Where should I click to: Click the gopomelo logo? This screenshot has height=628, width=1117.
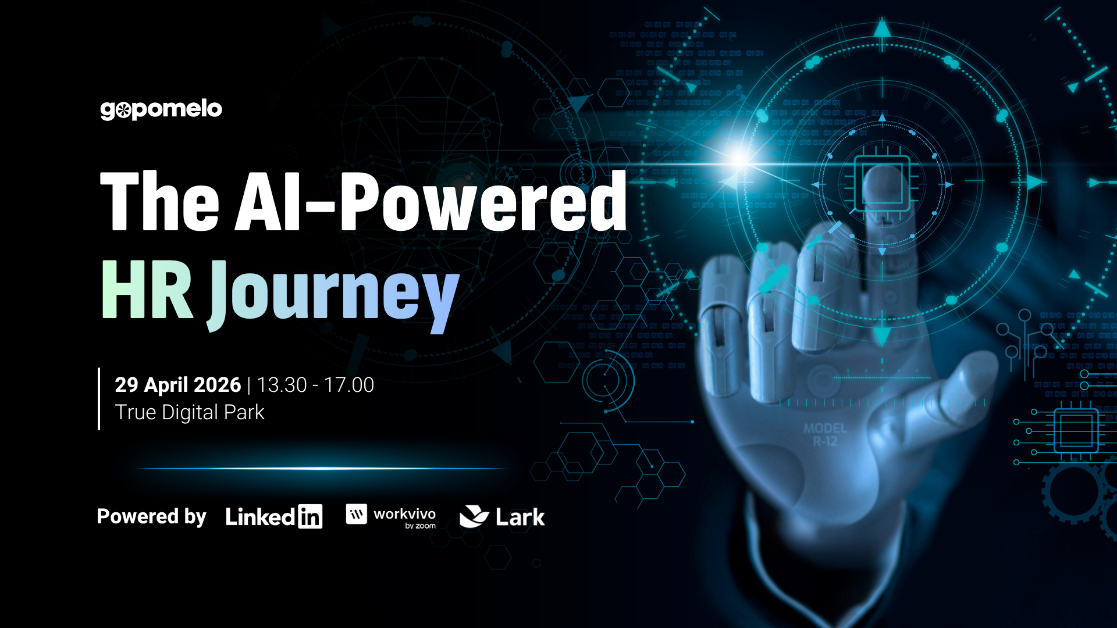(x=161, y=109)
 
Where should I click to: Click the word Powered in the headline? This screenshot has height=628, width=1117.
(x=483, y=202)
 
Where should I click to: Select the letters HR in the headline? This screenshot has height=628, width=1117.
(x=147, y=290)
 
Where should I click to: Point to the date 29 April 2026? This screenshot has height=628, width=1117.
(x=177, y=385)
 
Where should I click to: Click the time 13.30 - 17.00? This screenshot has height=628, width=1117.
(x=315, y=385)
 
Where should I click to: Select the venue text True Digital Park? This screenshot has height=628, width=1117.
(x=190, y=412)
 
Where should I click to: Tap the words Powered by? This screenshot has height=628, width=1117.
(x=151, y=517)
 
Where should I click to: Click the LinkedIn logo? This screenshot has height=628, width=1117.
(x=273, y=517)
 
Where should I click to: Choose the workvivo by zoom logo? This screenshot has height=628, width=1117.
(x=391, y=516)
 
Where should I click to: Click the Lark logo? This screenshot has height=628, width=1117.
(x=502, y=517)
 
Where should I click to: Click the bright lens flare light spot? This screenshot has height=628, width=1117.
(x=739, y=158)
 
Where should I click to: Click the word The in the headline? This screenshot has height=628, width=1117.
(x=159, y=202)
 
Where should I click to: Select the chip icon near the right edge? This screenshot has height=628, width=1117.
(x=1075, y=431)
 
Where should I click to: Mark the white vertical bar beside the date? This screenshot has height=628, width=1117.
(x=99, y=399)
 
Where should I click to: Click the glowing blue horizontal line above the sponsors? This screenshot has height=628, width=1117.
(x=320, y=468)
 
